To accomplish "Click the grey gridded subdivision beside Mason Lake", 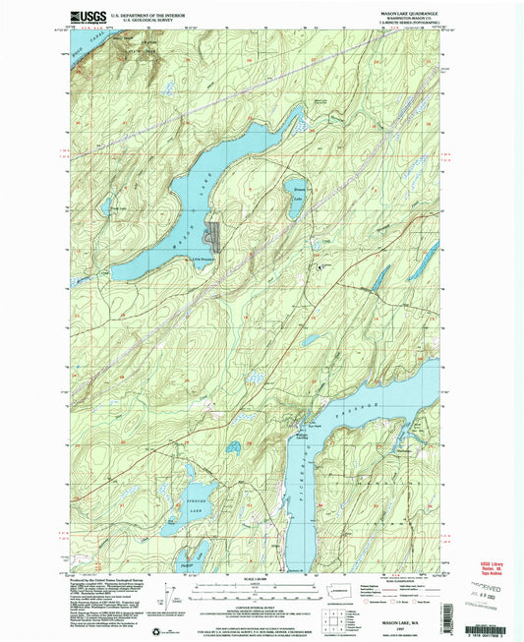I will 212,236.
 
